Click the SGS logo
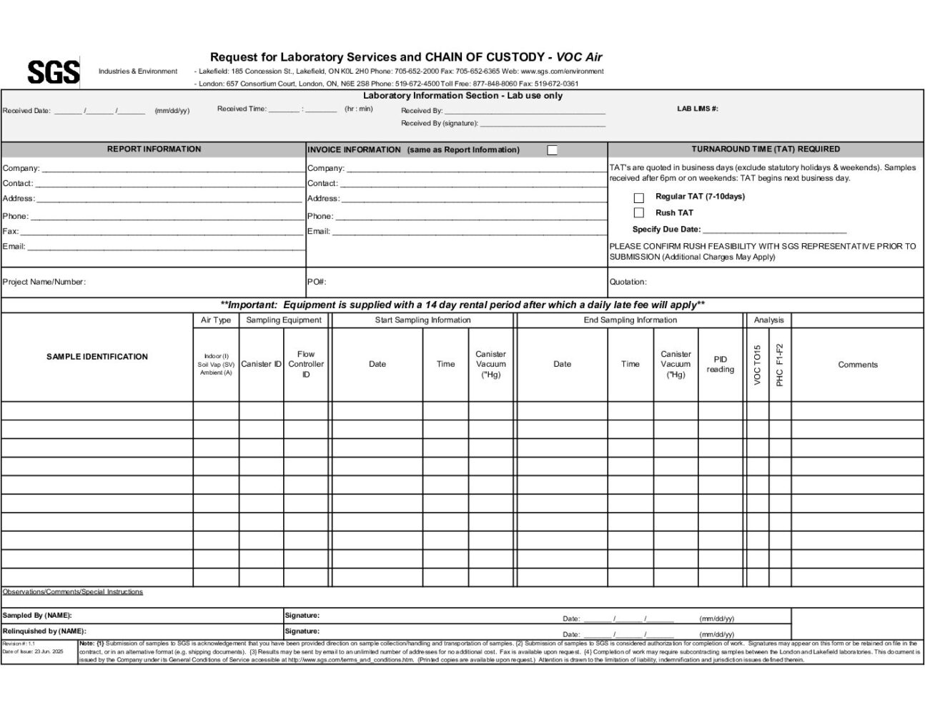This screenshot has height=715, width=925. pyautogui.click(x=53, y=71)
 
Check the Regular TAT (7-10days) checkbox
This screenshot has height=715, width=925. pyautogui.click(x=639, y=198)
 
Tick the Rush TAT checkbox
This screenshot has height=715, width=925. pyautogui.click(x=639, y=213)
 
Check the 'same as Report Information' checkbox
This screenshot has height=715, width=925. pyautogui.click(x=552, y=150)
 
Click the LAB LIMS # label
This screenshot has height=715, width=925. pyautogui.click(x=697, y=109)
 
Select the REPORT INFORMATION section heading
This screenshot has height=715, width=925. pyautogui.click(x=154, y=149)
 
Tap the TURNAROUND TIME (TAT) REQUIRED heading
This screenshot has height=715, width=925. pyautogui.click(x=766, y=149)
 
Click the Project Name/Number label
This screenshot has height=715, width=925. pyautogui.click(x=44, y=282)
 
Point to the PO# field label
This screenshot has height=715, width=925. pyautogui.click(x=317, y=282)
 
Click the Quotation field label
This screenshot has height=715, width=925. pyautogui.click(x=628, y=282)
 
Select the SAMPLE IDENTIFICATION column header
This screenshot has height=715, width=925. pyautogui.click(x=97, y=357)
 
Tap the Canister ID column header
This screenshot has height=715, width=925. pyautogui.click(x=261, y=364)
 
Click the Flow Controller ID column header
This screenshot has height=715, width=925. pyautogui.click(x=306, y=364)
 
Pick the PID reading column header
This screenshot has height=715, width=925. pyautogui.click(x=720, y=364)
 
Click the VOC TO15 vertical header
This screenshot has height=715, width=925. pyautogui.click(x=758, y=365)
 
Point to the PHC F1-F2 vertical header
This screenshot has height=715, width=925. pyautogui.click(x=780, y=365)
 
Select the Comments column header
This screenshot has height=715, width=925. pyautogui.click(x=857, y=365)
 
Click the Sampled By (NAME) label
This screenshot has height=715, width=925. pyautogui.click(x=37, y=616)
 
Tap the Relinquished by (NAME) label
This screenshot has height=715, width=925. pyautogui.click(x=44, y=631)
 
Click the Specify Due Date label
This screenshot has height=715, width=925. pyautogui.click(x=666, y=230)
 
